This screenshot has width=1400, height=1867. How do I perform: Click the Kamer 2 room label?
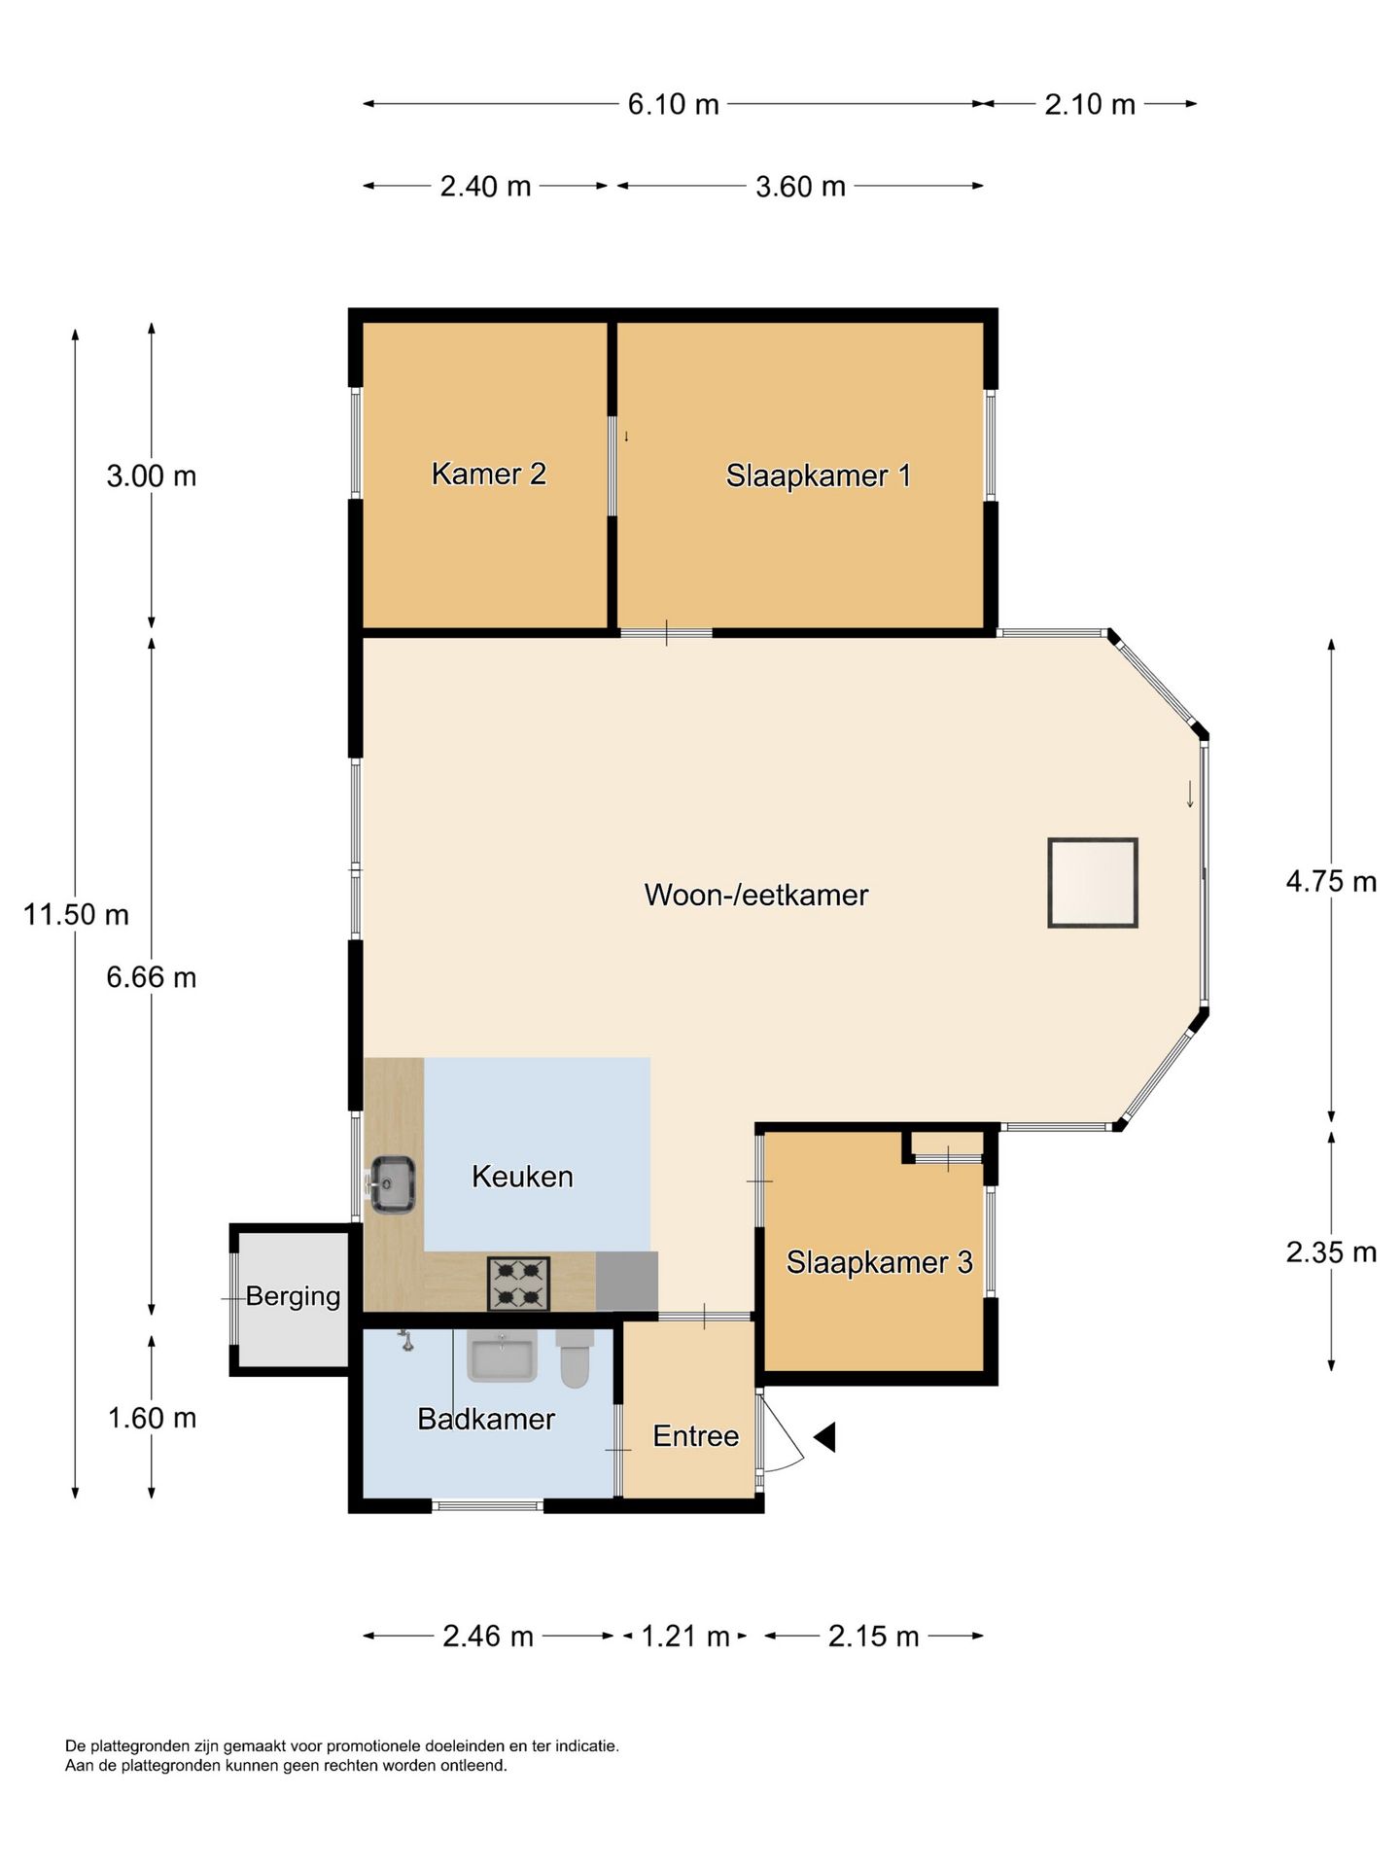[488, 474]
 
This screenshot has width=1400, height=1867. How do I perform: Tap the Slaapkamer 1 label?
[818, 476]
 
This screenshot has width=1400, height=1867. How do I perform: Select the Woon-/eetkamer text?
[755, 895]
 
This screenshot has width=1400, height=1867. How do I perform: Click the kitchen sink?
[393, 1183]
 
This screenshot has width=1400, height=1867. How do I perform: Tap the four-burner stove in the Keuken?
[518, 1284]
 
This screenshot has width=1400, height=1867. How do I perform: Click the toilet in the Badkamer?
[575, 1358]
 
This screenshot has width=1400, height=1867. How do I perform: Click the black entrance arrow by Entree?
[825, 1436]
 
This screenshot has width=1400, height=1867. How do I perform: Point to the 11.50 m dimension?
[76, 914]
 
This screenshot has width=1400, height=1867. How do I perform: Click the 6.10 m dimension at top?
[673, 104]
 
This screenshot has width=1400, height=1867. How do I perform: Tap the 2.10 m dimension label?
[1090, 104]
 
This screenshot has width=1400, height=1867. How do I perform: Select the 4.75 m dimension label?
[1331, 881]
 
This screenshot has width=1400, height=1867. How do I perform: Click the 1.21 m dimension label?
[684, 1636]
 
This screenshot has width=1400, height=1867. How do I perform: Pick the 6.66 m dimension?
[152, 976]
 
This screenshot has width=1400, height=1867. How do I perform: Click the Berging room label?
[293, 1295]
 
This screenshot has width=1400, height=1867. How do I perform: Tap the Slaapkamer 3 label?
[879, 1261]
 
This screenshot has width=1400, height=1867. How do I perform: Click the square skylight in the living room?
[1093, 883]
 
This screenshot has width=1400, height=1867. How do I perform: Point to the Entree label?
[695, 1435]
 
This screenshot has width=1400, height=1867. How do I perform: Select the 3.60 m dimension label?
[800, 186]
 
